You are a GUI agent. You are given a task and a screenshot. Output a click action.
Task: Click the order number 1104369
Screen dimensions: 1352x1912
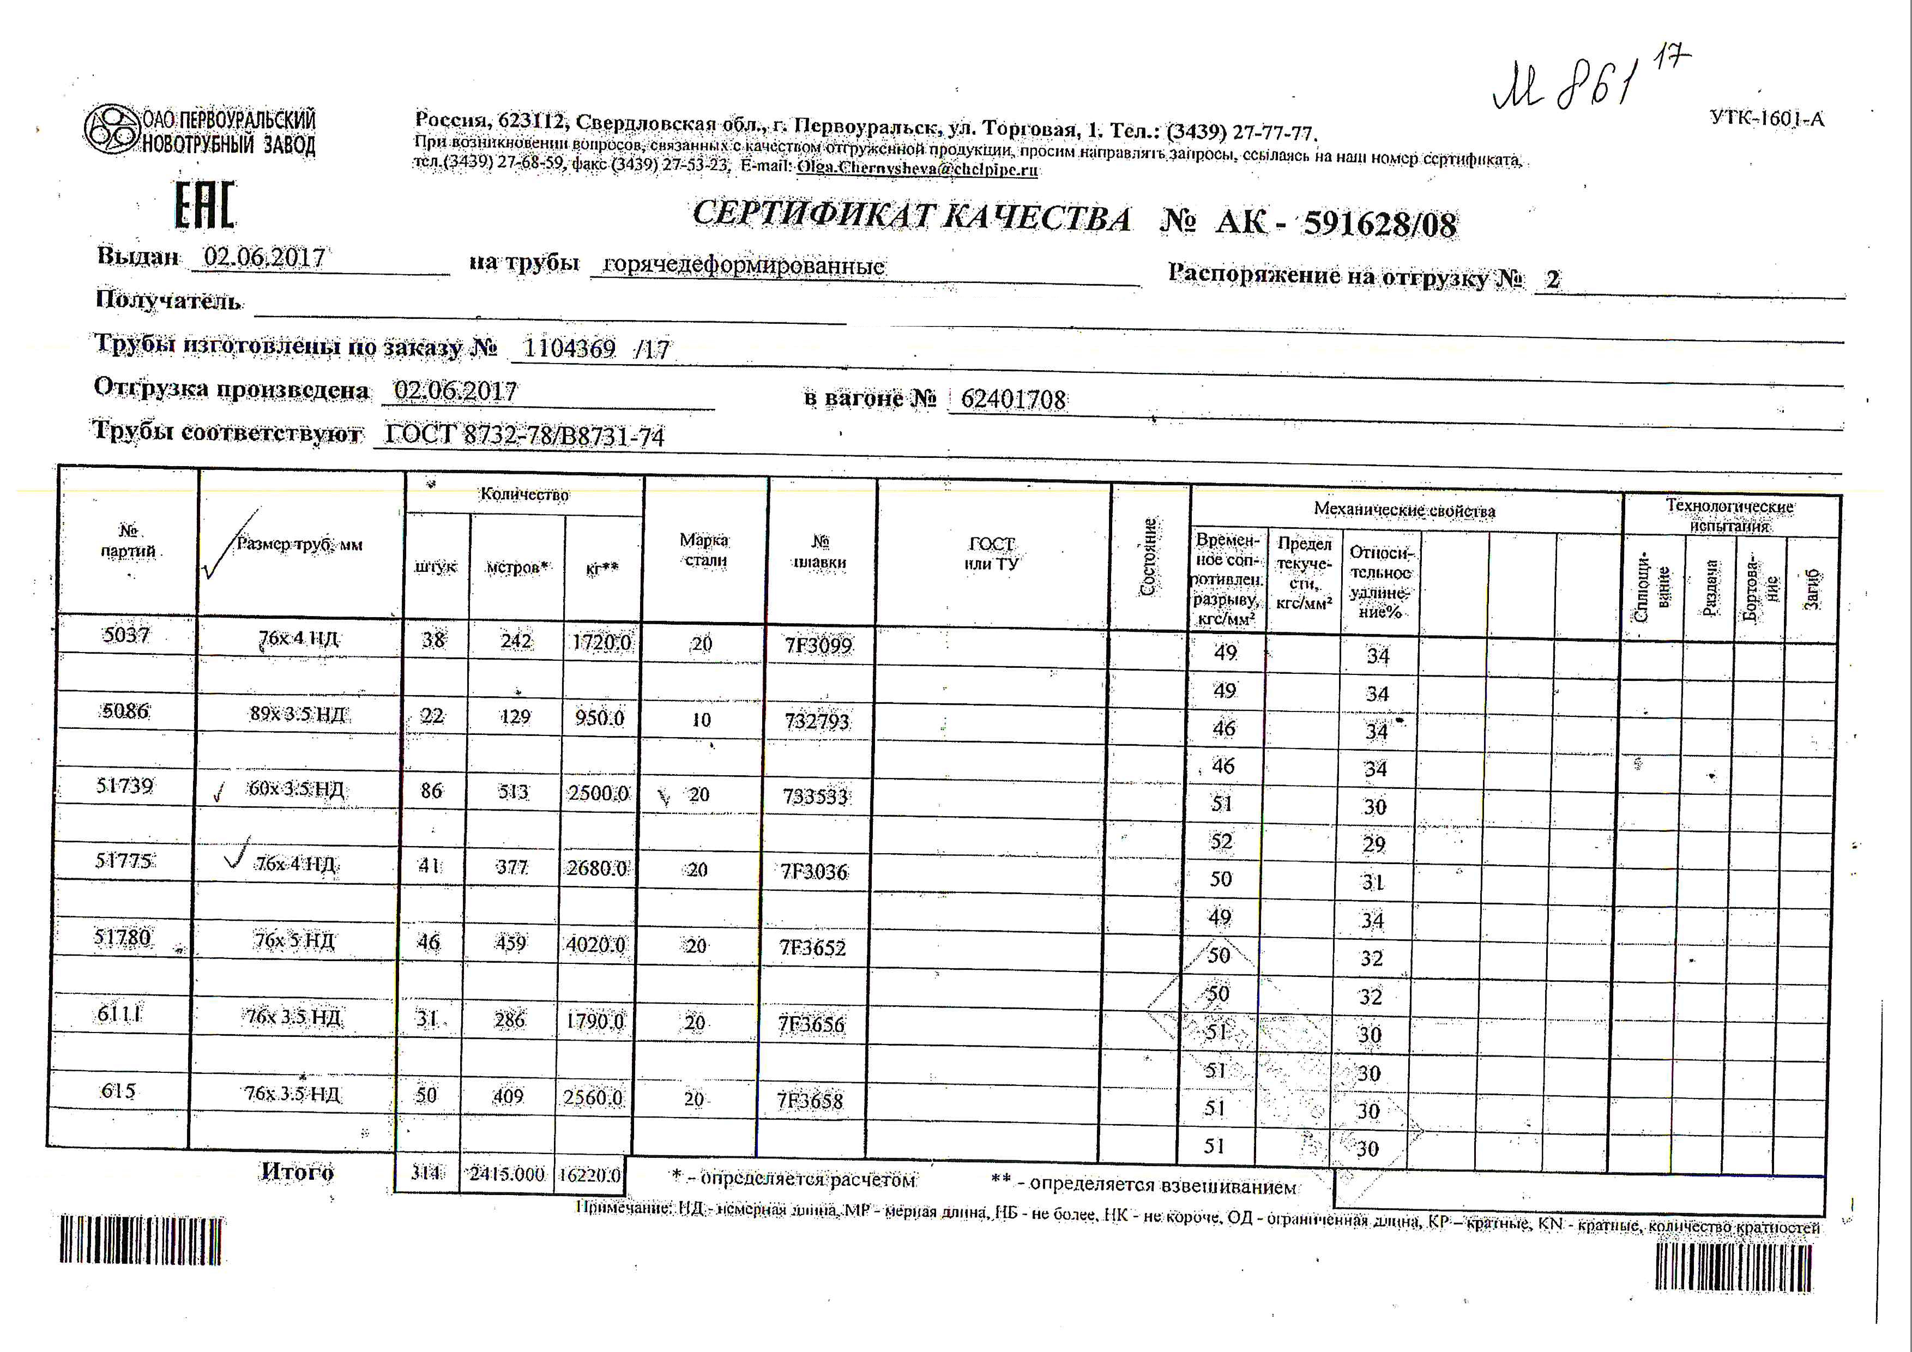click(x=570, y=348)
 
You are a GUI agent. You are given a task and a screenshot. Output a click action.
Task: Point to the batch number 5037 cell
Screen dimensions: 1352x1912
click(x=126, y=635)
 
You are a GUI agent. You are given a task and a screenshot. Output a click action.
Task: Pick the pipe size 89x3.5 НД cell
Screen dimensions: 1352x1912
click(x=297, y=714)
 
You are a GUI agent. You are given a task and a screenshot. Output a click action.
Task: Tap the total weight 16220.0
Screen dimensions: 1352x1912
click(x=589, y=1175)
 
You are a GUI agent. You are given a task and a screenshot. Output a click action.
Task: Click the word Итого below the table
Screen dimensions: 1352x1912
click(x=297, y=1172)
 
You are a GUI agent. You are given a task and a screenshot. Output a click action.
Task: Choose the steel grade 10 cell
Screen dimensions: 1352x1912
click(x=701, y=719)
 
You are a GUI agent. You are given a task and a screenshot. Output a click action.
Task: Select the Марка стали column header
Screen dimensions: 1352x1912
click(x=704, y=550)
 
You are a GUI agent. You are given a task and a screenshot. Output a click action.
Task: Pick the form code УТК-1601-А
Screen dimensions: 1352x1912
click(x=1767, y=118)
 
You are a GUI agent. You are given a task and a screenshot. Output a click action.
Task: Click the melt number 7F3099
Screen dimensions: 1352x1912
click(x=818, y=645)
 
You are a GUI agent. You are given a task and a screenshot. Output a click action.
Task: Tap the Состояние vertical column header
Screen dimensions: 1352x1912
click(x=1148, y=556)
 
